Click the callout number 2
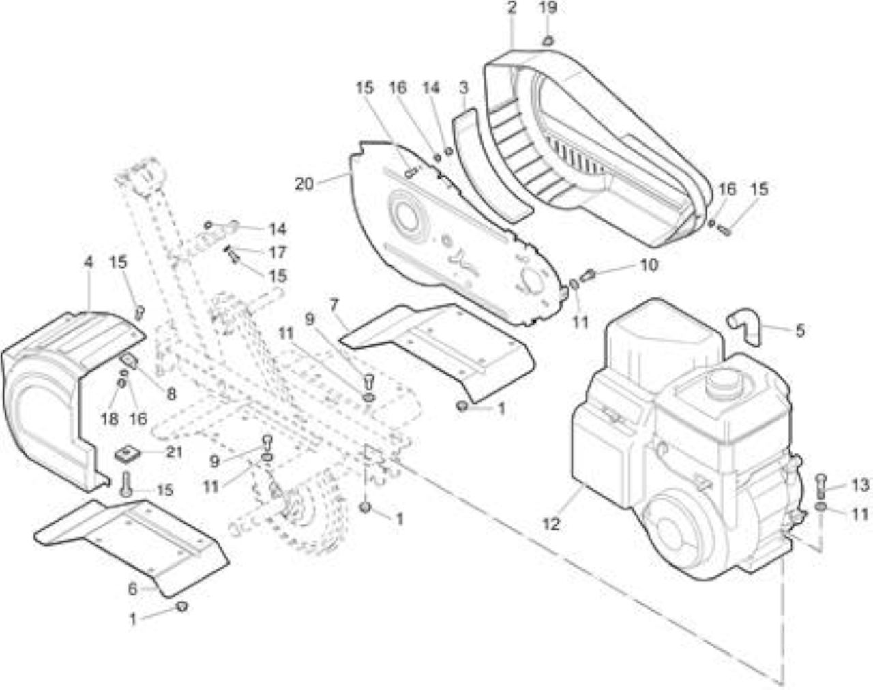[512, 8]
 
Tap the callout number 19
[548, 8]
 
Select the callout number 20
[304, 184]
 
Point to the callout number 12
[551, 524]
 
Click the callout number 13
[861, 485]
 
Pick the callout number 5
[800, 331]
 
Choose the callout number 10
[649, 265]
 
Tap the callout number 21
[175, 451]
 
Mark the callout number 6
[132, 589]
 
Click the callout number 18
[110, 419]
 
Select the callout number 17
[278, 253]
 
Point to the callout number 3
[463, 88]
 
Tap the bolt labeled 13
[821, 487]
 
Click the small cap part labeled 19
[548, 40]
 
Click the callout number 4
[88, 262]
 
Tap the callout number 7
[334, 304]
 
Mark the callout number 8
[171, 394]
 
